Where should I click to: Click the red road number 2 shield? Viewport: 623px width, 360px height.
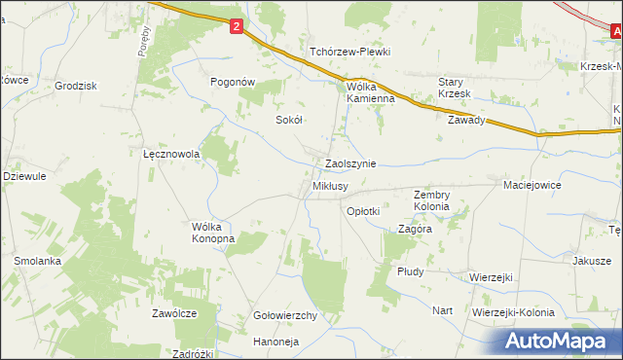[237, 29]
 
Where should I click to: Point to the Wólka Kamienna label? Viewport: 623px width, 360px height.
[371, 91]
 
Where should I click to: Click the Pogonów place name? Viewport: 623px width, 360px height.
[234, 83]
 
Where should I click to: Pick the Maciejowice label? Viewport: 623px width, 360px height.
[534, 183]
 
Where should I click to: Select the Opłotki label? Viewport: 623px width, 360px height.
[362, 210]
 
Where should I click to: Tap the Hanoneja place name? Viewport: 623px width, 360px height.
[275, 342]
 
